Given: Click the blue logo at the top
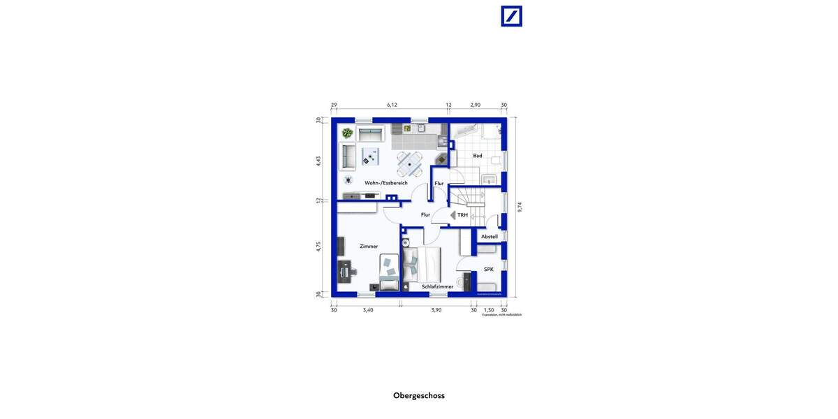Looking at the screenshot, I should point(511,16).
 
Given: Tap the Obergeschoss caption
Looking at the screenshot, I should point(419,395).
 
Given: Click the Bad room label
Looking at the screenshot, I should point(478,156).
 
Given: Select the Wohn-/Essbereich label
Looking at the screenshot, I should point(385,183).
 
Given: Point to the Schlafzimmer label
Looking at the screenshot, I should point(437,286).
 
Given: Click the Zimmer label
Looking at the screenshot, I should point(369,247).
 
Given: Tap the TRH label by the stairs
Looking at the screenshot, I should point(462,215).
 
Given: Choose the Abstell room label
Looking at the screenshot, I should point(490,237).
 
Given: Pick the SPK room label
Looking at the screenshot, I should point(489,269).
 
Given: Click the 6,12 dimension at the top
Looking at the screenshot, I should point(392,105).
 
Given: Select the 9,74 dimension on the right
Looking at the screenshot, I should point(520,207).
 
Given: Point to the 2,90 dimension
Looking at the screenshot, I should point(475,105).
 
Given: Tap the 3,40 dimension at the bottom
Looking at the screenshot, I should point(368,310).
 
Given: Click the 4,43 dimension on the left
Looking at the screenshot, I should point(318,160).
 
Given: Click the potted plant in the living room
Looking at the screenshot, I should point(347,133).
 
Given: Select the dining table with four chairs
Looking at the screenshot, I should point(409,165).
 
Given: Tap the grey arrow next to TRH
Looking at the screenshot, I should point(453,215).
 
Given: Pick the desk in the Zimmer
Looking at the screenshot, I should point(344,269).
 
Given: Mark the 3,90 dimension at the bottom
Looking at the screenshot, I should point(436,310).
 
